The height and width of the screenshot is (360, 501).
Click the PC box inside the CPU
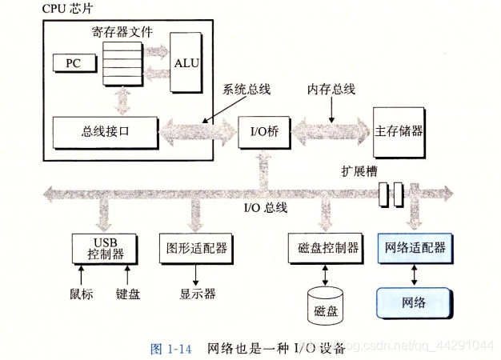pyautogui.click(x=71, y=62)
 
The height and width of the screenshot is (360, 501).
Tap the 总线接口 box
pyautogui.click(x=102, y=130)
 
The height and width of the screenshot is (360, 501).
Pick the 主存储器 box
pyautogui.click(x=399, y=130)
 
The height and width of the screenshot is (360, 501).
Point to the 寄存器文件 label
pyautogui.click(x=122, y=34)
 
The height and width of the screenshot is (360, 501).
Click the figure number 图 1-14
pyautogui.click(x=174, y=348)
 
